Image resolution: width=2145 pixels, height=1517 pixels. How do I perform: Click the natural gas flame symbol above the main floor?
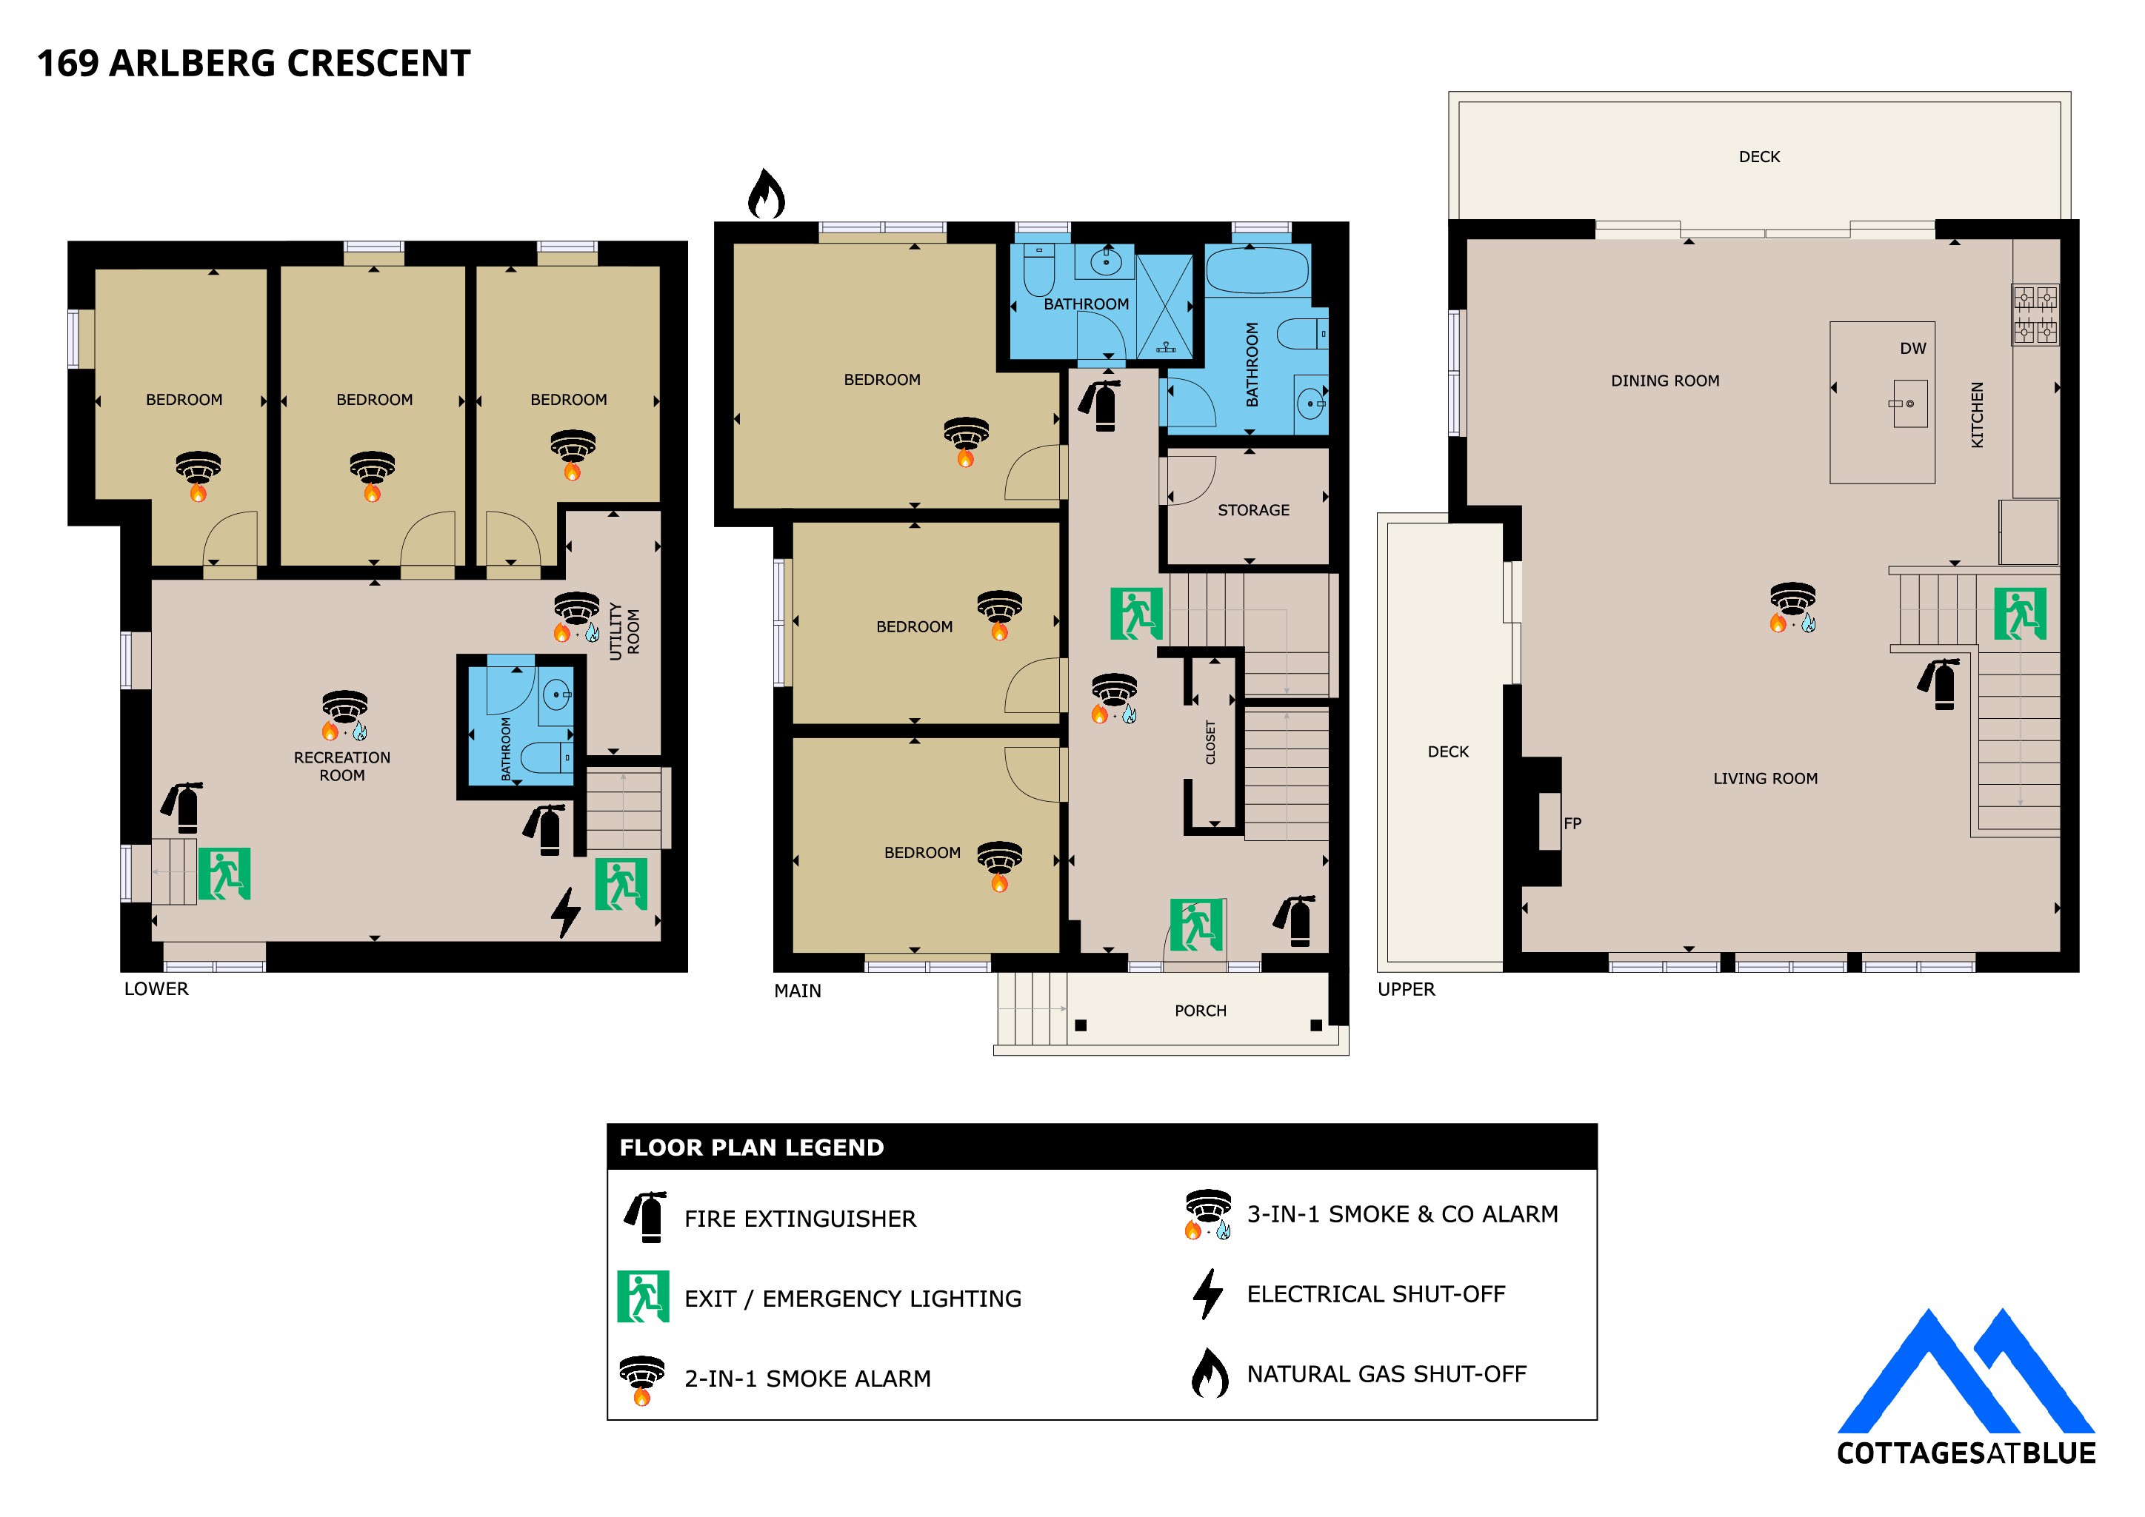tap(766, 193)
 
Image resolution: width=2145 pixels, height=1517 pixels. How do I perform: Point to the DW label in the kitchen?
tap(1912, 349)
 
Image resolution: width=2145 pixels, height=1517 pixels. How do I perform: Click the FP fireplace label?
tap(1572, 823)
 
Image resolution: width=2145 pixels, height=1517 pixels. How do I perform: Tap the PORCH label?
tap(1201, 1011)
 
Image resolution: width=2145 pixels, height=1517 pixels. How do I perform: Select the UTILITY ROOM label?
tap(624, 632)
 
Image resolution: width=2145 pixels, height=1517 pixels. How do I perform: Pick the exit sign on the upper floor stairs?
tap(2020, 614)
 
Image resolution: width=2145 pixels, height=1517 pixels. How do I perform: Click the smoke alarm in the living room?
tap(1792, 607)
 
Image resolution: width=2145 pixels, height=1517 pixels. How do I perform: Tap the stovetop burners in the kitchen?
tap(2034, 314)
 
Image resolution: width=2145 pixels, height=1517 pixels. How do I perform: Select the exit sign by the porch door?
tap(1195, 924)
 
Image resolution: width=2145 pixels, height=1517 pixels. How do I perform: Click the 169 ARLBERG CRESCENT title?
tap(254, 64)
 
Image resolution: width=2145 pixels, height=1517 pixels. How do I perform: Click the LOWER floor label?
tap(156, 988)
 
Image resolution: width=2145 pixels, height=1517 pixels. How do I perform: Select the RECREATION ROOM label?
tap(342, 766)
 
